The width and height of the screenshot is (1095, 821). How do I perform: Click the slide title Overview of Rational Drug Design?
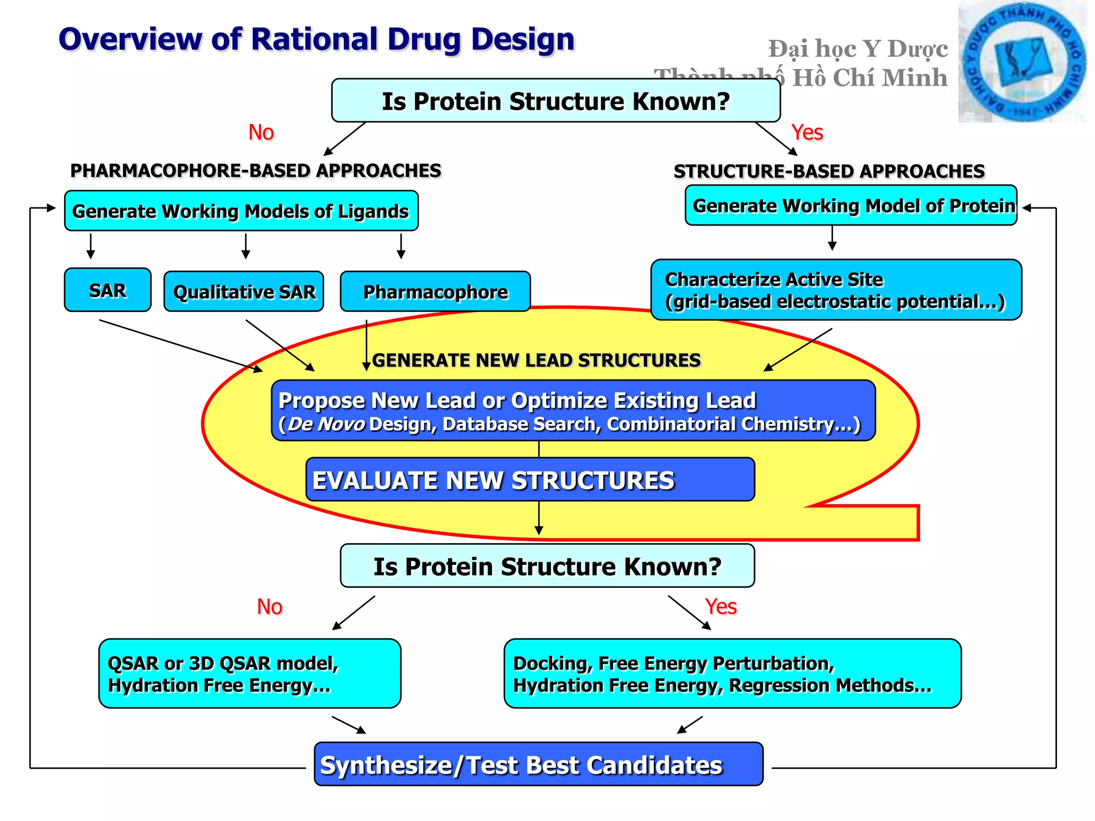(x=316, y=39)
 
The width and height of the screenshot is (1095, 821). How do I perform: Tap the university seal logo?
(x=1022, y=62)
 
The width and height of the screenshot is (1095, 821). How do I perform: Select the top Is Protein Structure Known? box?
(x=556, y=101)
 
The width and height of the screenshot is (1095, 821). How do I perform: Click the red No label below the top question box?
(x=261, y=133)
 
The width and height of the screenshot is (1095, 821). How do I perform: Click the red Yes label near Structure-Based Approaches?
(x=807, y=133)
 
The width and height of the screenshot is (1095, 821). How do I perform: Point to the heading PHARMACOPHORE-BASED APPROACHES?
(x=256, y=171)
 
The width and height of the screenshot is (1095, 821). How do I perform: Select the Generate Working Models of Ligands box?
(x=241, y=211)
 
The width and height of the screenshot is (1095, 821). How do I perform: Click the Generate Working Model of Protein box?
(x=851, y=206)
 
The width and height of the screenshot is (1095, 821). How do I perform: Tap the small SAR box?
(x=107, y=290)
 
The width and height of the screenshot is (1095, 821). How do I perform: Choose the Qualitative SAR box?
(x=244, y=292)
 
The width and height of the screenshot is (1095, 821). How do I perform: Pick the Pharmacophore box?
(x=435, y=292)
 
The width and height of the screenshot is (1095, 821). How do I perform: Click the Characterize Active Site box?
(x=836, y=290)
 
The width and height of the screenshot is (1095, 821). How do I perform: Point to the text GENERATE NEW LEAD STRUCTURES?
(x=536, y=360)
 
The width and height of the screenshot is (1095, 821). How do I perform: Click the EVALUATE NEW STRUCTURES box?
(x=530, y=480)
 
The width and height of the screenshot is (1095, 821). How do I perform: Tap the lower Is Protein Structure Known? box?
(x=547, y=567)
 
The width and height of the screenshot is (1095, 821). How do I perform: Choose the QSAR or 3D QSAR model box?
(x=250, y=674)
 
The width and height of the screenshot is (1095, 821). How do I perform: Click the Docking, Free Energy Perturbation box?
(x=732, y=674)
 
